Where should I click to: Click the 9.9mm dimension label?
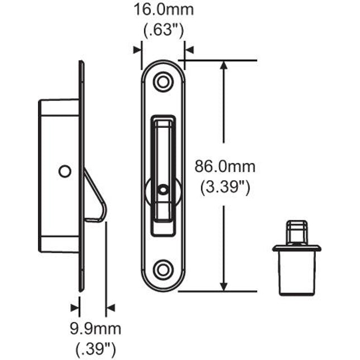click(95, 329)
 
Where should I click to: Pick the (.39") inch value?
click(95, 349)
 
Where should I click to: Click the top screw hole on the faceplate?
click(162, 81)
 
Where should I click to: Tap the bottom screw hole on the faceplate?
click(162, 270)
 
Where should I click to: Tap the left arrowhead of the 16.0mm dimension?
click(137, 50)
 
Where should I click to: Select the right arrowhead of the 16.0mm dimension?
click(189, 50)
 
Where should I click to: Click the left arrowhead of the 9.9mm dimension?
click(75, 307)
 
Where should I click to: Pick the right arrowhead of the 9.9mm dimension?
click(110, 307)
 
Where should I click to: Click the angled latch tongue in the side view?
click(95, 195)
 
